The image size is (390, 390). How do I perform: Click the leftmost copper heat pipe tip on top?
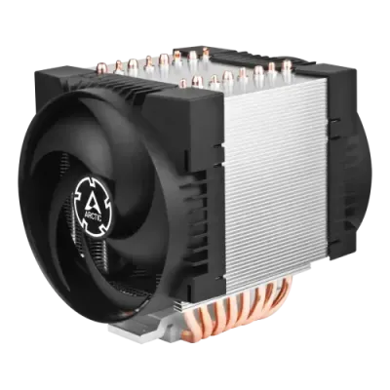[x=118, y=66]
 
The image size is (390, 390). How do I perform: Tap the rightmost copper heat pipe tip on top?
[x=286, y=66]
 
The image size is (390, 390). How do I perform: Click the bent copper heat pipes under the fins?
[x=234, y=309]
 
